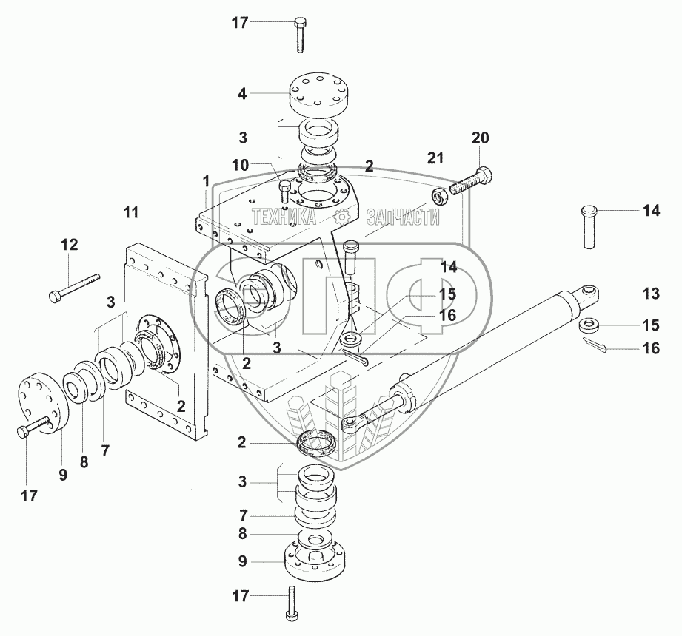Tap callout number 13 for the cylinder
tap(650, 294)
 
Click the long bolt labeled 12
tap(75, 288)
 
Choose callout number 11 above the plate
tap(131, 214)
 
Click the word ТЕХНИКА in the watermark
tap(284, 217)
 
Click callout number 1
tap(205, 180)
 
